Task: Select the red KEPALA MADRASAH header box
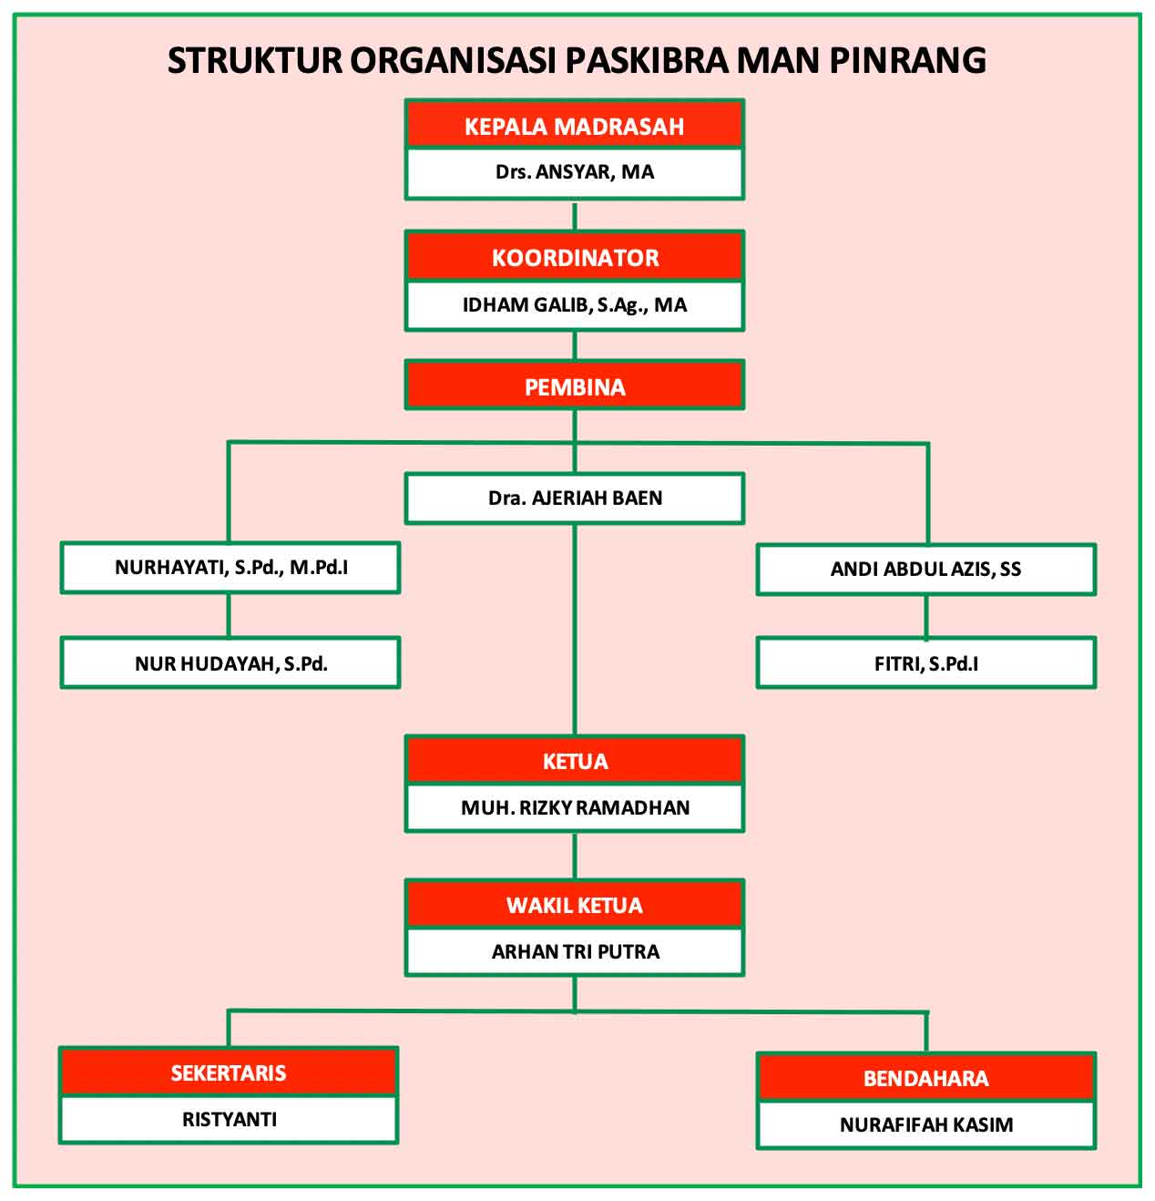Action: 575,124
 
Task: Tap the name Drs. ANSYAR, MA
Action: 575,171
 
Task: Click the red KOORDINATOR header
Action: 575,256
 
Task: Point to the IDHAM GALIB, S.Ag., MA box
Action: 575,305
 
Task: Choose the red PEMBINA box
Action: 575,385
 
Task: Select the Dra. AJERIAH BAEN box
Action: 575,498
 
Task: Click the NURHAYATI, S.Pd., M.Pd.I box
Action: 230,567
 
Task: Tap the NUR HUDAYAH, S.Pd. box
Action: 230,662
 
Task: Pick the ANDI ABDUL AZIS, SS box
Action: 926,569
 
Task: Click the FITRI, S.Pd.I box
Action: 926,662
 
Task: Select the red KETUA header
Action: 575,760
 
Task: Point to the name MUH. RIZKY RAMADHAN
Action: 575,807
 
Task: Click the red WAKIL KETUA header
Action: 575,904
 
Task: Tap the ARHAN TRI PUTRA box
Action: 575,951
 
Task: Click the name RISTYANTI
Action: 230,1119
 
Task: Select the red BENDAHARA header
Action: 926,1077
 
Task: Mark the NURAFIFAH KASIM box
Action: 926,1125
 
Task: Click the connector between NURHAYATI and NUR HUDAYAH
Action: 229,615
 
